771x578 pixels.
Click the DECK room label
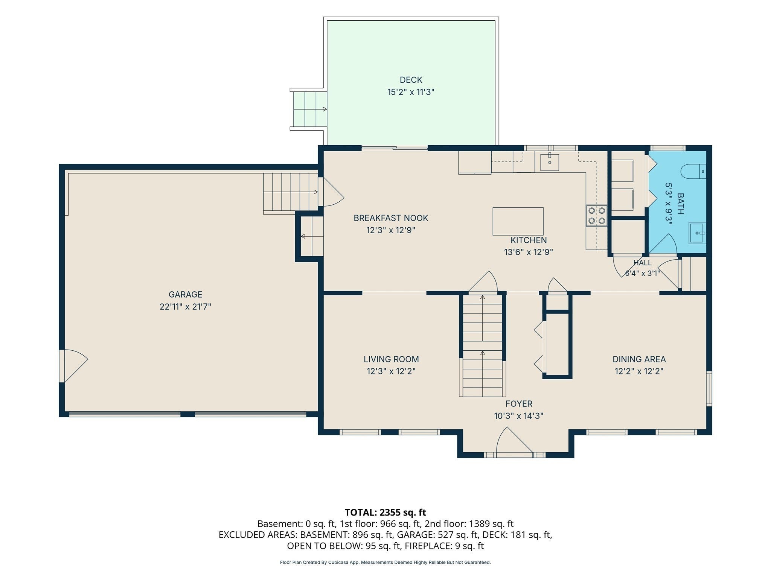pos(411,80)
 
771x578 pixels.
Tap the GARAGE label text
pos(185,295)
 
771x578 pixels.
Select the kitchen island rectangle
pos(518,221)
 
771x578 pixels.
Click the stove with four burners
pos(597,216)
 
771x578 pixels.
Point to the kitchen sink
pos(550,162)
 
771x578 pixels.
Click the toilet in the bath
pos(693,171)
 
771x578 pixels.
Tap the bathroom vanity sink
pos(698,233)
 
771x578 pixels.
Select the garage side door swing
pos(74,366)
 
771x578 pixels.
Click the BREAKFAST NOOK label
pos(391,218)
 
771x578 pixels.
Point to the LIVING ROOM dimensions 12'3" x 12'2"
pos(391,371)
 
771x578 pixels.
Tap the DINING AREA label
pos(639,359)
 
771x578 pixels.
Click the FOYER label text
pos(519,404)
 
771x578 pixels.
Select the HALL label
pos(642,263)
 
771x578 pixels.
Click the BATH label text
pos(681,204)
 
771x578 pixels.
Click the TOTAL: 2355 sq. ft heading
pos(385,512)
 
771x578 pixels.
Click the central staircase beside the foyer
pos(482,345)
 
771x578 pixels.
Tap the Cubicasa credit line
pos(385,562)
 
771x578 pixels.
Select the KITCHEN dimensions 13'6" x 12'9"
pos(529,252)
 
